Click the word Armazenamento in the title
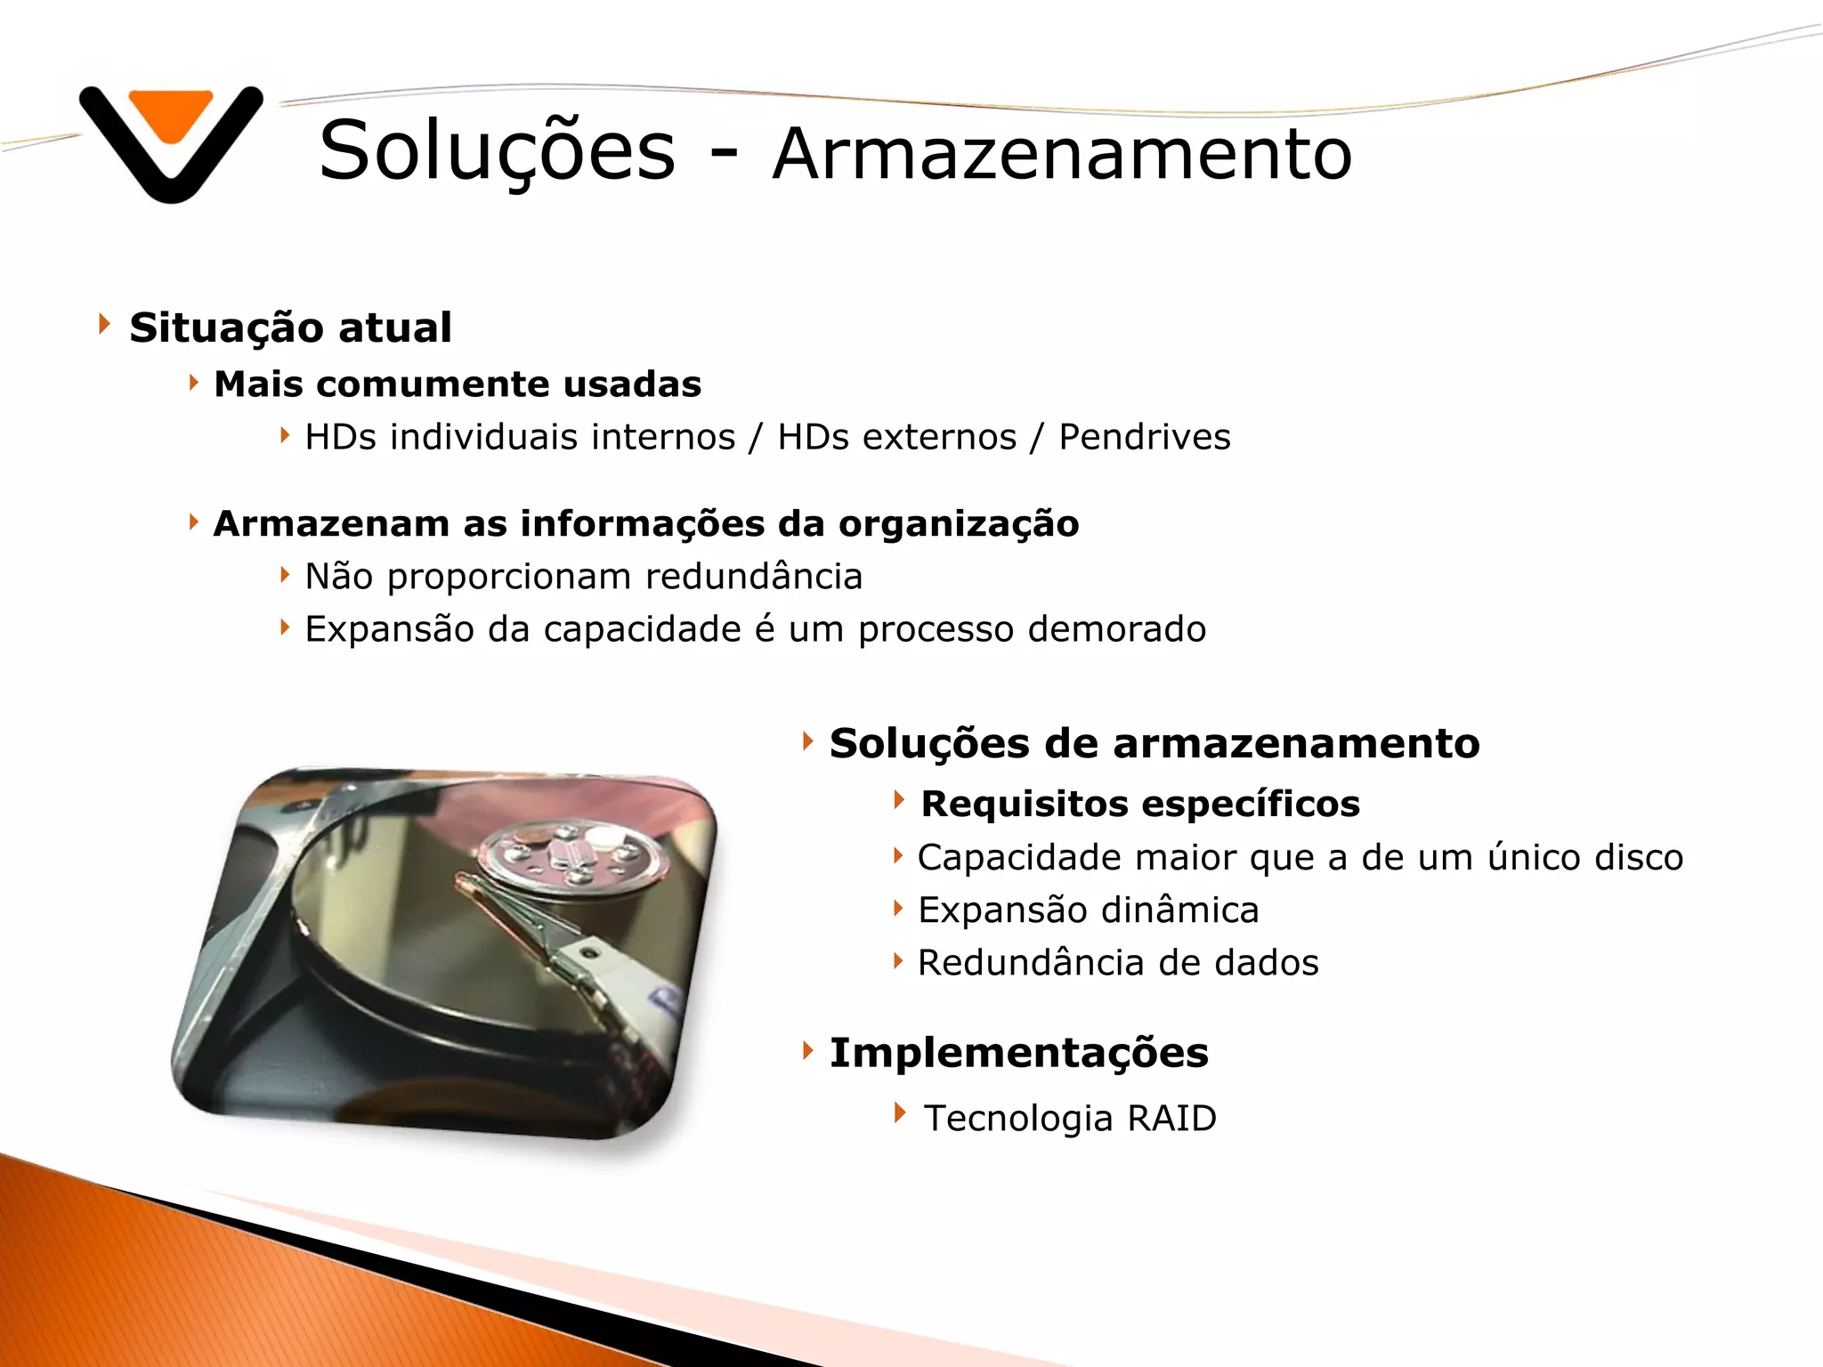(x=1062, y=153)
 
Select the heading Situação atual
(x=290, y=328)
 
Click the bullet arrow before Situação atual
(x=104, y=324)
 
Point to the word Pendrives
(x=1144, y=437)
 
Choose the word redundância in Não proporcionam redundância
(x=753, y=577)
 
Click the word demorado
(x=1116, y=629)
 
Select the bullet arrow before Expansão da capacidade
(x=284, y=627)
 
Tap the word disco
(x=1638, y=857)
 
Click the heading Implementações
(x=1018, y=1053)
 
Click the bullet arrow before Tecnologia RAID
(x=900, y=1112)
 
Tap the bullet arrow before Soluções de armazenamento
(x=807, y=740)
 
